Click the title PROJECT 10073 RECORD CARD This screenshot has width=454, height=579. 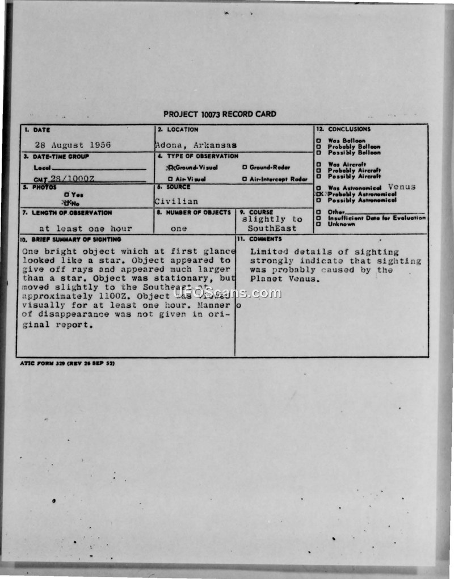[220, 114]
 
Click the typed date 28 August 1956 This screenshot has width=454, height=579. [73, 145]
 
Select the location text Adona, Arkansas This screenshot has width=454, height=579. [196, 145]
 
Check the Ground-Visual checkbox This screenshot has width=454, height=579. [169, 167]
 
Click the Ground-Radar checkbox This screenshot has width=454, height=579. [245, 167]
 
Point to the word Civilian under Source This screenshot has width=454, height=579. [176, 201]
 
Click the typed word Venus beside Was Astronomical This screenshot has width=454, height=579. [402, 187]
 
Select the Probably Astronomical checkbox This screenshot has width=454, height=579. [319, 194]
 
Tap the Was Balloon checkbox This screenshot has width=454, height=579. [319, 141]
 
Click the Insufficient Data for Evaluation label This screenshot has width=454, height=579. [376, 218]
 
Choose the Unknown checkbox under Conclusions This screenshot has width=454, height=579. [319, 224]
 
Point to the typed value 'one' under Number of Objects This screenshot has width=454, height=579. [179, 229]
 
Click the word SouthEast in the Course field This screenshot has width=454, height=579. [272, 229]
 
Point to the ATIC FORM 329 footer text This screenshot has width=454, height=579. [67, 363]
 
